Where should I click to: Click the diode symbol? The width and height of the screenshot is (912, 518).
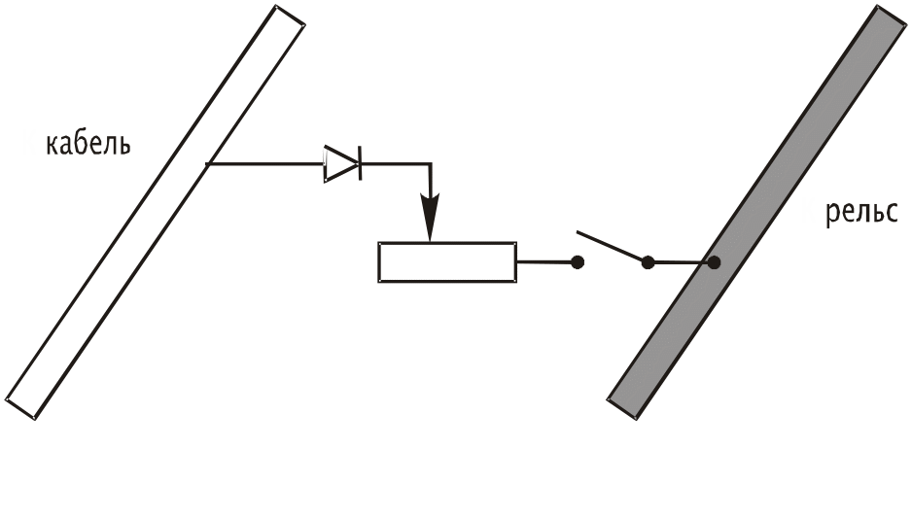[x=341, y=164]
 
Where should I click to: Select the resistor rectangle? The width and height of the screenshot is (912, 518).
[x=446, y=261]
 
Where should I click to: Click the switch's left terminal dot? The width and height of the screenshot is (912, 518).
[x=578, y=261]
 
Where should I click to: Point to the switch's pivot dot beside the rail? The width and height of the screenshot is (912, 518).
[x=649, y=261]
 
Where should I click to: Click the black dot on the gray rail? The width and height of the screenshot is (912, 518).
[x=714, y=262]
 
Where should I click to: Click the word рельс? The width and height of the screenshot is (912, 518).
[x=861, y=211]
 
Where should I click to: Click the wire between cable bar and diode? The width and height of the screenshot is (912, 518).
[x=264, y=164]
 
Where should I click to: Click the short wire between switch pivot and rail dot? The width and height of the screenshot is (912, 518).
[x=681, y=262]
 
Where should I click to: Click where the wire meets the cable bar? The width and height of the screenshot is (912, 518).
[x=207, y=164]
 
